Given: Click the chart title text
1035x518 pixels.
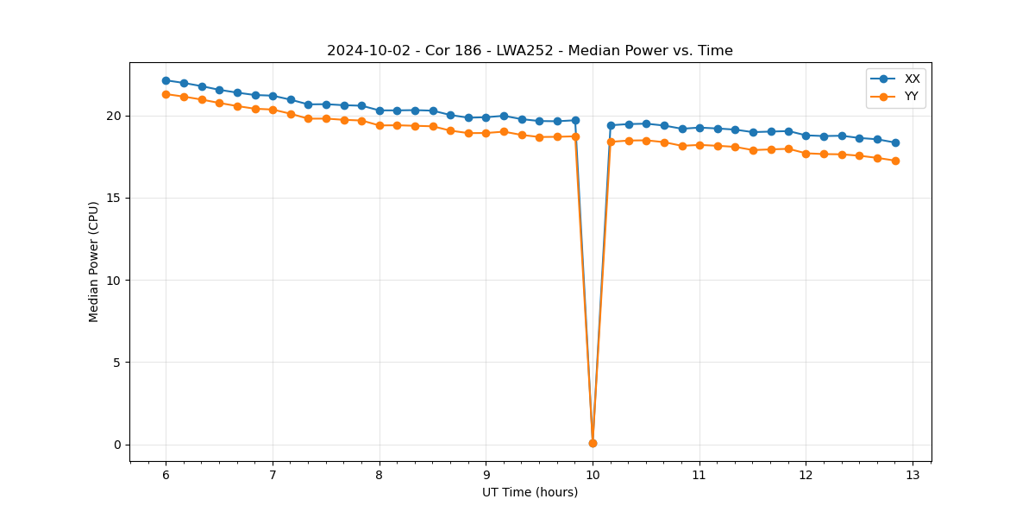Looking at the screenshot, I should tap(530, 51).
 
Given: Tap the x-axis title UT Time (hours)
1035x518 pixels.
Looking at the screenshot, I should tap(530, 492).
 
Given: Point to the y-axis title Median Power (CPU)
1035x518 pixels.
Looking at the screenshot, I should tap(94, 262).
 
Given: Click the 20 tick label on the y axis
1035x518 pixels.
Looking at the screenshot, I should tap(114, 116).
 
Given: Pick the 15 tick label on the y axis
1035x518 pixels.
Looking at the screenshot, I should tap(114, 199).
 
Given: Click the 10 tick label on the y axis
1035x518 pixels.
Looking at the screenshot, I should tap(114, 281).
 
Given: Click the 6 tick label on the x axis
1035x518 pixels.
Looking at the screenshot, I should tap(166, 476).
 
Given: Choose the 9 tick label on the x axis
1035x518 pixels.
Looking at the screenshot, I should tap(486, 476).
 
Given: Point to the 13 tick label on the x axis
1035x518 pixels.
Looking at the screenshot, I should tap(913, 476).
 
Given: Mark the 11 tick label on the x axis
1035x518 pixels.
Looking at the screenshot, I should tap(699, 476).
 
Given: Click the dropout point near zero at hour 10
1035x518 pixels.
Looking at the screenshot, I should tap(593, 443).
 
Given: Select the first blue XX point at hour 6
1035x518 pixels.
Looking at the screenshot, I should tap(166, 80).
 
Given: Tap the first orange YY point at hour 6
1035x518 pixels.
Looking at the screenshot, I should tap(166, 94).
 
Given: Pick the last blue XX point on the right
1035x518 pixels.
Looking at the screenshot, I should tap(895, 142).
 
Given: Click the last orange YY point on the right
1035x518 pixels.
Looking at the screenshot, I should tap(895, 161).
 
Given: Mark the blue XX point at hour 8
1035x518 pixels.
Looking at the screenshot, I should tap(379, 111).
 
